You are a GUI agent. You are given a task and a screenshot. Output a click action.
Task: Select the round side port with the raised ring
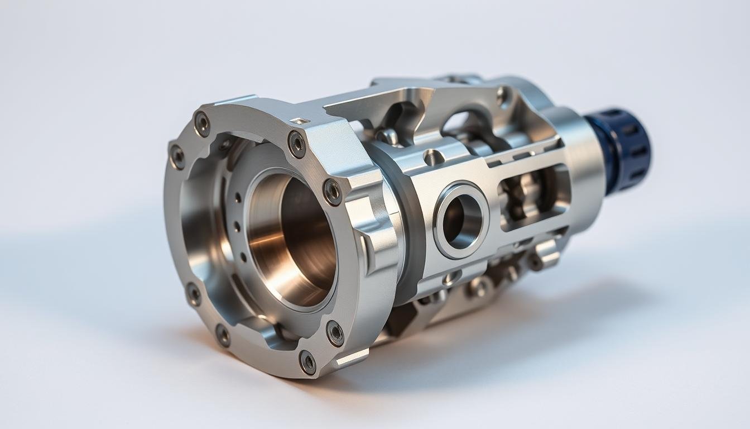(x=461, y=220)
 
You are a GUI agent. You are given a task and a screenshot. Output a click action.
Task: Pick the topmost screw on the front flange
(x=202, y=122)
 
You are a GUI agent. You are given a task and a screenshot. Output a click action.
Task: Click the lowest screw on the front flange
(x=307, y=361)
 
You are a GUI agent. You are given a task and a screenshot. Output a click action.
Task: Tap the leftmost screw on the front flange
(x=177, y=156)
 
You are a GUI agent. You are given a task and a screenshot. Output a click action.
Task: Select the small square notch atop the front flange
(x=300, y=121)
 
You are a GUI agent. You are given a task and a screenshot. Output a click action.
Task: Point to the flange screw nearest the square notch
(x=297, y=144)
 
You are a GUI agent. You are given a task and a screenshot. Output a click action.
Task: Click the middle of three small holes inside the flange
(x=236, y=227)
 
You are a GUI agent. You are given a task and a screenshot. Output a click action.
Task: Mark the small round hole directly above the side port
(x=432, y=158)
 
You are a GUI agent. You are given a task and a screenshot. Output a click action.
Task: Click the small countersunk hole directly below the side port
(x=451, y=276)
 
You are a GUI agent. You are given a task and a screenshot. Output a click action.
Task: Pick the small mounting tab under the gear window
(x=545, y=254)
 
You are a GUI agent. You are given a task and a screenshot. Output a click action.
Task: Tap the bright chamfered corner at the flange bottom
(x=352, y=357)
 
